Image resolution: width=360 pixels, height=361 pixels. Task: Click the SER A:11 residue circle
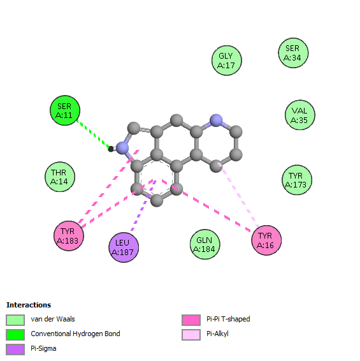pyautogui.click(x=65, y=110)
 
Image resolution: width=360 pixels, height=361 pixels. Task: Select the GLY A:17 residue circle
pyautogui.click(x=226, y=61)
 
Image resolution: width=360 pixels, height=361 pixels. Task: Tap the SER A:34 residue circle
pyautogui.click(x=293, y=53)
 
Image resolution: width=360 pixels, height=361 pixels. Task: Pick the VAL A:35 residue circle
pyautogui.click(x=299, y=115)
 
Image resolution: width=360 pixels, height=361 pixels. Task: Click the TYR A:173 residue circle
pyautogui.click(x=297, y=180)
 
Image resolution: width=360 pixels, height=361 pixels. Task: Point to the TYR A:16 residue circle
pyautogui.click(x=266, y=240)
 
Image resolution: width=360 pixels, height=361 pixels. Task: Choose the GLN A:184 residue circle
pyautogui.click(x=205, y=244)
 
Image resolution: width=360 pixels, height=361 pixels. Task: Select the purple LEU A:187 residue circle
pyautogui.click(x=124, y=247)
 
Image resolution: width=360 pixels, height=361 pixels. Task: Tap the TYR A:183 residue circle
pyautogui.click(x=69, y=236)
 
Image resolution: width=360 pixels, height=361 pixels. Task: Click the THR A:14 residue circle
pyautogui.click(x=60, y=177)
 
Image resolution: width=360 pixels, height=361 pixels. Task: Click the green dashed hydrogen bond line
pyautogui.click(x=93, y=134)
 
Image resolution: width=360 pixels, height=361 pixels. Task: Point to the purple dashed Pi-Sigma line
pyautogui.click(x=143, y=205)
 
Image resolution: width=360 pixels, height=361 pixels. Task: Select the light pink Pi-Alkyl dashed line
pyautogui.click(x=238, y=195)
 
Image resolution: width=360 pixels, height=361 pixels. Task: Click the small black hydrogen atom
pyautogui.click(x=111, y=149)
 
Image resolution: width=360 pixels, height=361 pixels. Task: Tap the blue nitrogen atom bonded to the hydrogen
pyautogui.click(x=122, y=148)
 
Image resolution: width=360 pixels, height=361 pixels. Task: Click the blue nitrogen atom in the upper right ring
pyautogui.click(x=216, y=120)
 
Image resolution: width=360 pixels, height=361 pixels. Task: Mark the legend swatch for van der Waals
pyautogui.click(x=15, y=320)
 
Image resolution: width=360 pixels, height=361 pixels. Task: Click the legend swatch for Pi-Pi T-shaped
pyautogui.click(x=191, y=320)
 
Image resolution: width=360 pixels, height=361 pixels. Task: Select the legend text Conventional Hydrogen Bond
pyautogui.click(x=75, y=334)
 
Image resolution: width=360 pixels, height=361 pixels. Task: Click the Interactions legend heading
pyautogui.click(x=29, y=305)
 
